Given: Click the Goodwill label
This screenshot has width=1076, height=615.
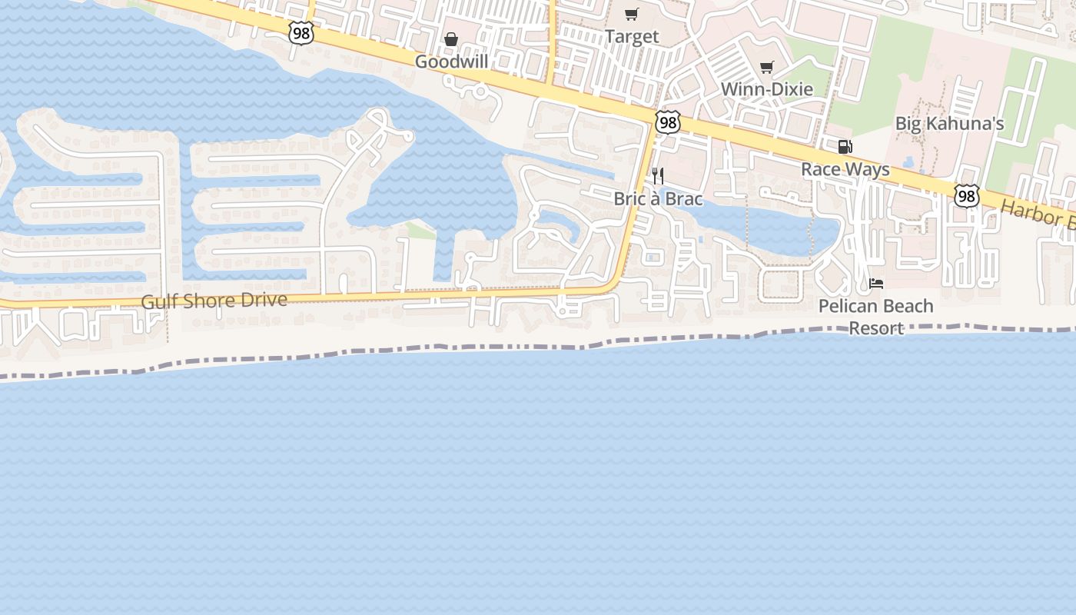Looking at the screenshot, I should pyautogui.click(x=452, y=61).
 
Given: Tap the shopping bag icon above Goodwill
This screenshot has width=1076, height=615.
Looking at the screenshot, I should pyautogui.click(x=451, y=39).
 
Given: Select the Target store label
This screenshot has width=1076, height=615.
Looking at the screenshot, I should pyautogui.click(x=632, y=36).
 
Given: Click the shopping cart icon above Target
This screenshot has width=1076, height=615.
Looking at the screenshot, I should pyautogui.click(x=632, y=14).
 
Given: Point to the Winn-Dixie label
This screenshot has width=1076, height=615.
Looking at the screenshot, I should pyautogui.click(x=766, y=89).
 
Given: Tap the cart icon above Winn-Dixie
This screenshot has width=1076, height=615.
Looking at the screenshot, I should pyautogui.click(x=766, y=68).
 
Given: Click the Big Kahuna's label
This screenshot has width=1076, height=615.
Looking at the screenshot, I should pyautogui.click(x=949, y=124).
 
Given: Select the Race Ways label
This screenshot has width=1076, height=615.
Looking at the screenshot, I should pyautogui.click(x=845, y=169).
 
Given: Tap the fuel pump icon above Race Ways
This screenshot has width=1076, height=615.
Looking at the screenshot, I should pyautogui.click(x=845, y=147).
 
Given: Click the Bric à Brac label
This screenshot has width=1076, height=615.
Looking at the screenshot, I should pyautogui.click(x=658, y=198).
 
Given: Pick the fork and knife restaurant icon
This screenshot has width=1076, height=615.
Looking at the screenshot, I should pyautogui.click(x=657, y=176).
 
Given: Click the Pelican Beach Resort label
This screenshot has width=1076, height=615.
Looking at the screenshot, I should pyautogui.click(x=875, y=317).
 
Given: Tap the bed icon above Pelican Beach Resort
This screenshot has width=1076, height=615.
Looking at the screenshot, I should pyautogui.click(x=875, y=284).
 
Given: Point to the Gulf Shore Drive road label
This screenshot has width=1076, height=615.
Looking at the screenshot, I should pyautogui.click(x=214, y=301).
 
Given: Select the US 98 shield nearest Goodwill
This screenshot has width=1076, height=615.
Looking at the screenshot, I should pyautogui.click(x=301, y=32).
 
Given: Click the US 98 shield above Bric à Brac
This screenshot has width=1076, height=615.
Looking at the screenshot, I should pyautogui.click(x=668, y=121).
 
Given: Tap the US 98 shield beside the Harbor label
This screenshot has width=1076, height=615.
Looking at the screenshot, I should pyautogui.click(x=967, y=196).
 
